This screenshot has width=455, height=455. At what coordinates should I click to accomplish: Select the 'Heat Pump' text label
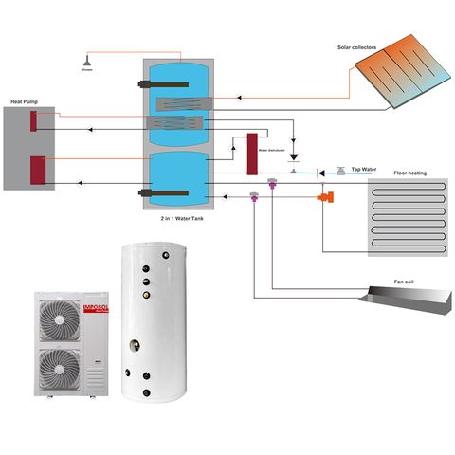[x=25, y=101]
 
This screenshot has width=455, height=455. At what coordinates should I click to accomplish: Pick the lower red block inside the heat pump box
[x=39, y=170]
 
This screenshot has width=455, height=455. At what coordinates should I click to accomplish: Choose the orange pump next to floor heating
[x=325, y=195]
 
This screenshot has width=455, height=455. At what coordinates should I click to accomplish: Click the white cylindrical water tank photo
[x=155, y=322]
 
